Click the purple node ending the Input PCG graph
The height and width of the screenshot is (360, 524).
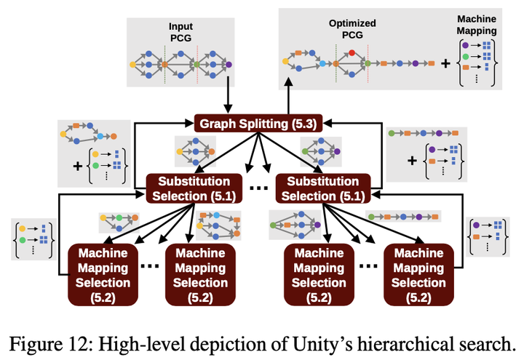point(229,64)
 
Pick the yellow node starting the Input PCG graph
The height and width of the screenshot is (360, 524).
point(132,64)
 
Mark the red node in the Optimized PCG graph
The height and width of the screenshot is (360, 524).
point(352,52)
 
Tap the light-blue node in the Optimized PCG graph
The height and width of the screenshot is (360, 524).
point(322,64)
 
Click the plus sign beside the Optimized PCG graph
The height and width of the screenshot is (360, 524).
point(445,64)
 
